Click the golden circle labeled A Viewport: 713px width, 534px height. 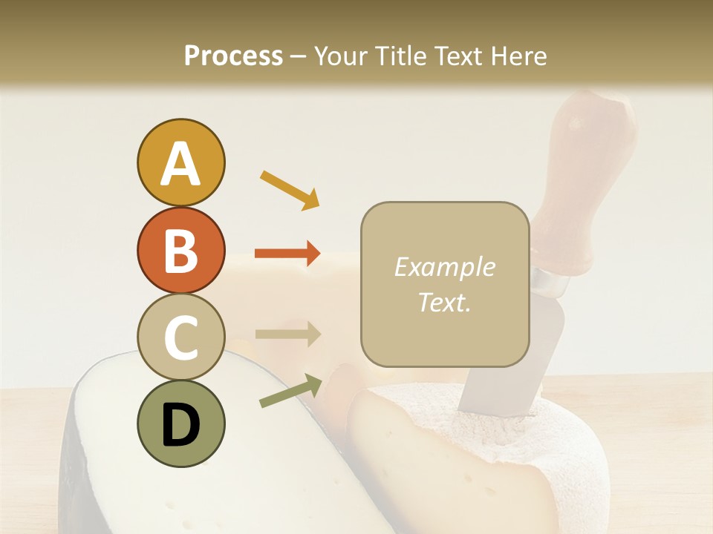tap(180, 162)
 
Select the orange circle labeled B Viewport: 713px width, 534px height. tap(180, 250)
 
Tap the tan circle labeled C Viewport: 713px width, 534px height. tap(180, 337)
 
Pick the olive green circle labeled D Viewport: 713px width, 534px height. tap(180, 423)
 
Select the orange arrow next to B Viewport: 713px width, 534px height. tap(287, 254)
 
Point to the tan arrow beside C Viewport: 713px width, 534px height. tap(287, 334)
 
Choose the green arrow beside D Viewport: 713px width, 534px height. tap(290, 391)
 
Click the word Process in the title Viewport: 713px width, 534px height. tap(233, 56)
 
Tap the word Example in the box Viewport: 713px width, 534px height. tap(444, 267)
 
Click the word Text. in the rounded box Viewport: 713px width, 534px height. tap(444, 302)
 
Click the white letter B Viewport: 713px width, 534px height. tap(180, 250)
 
